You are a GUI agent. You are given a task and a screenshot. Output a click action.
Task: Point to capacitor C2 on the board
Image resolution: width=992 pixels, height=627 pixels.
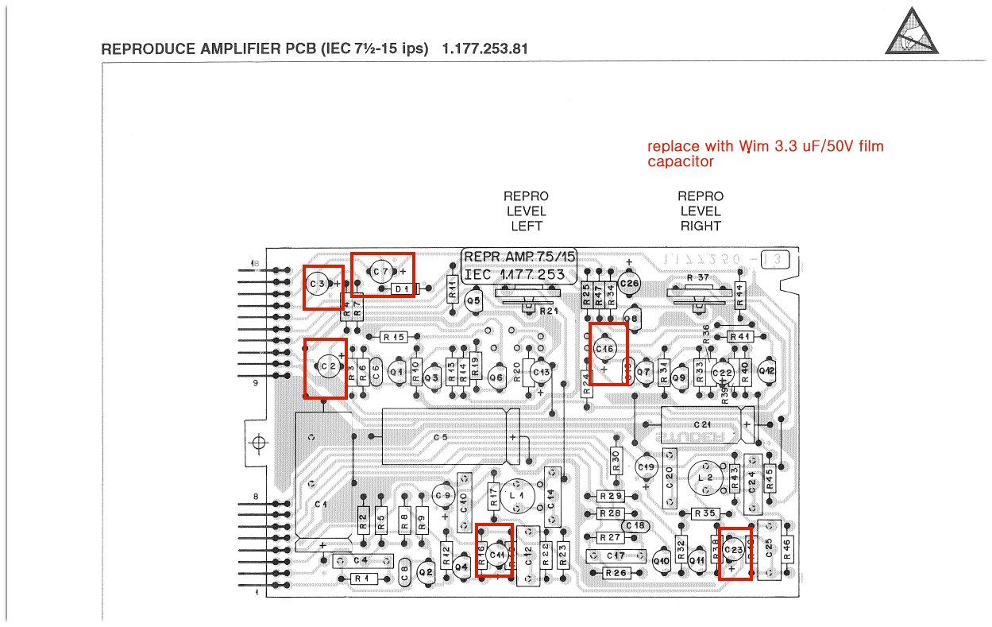(x=325, y=366)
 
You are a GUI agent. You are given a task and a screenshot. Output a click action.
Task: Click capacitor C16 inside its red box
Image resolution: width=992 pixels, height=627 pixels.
(x=604, y=350)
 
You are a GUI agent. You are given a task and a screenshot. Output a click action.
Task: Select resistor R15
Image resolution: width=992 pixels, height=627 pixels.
(x=394, y=337)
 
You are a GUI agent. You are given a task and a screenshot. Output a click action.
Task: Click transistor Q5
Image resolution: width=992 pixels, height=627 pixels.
(x=473, y=301)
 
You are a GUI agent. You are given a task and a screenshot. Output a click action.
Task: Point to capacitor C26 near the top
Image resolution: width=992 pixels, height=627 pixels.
(x=629, y=283)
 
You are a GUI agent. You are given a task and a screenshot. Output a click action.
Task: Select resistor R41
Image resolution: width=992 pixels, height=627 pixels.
(x=740, y=337)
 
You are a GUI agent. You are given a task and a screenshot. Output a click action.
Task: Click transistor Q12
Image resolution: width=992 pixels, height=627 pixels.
(x=766, y=370)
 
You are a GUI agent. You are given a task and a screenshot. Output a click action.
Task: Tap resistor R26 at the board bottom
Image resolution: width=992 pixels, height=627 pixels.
(x=616, y=573)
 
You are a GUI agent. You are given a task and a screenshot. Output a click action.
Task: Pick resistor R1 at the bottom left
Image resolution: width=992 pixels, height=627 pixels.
(x=361, y=579)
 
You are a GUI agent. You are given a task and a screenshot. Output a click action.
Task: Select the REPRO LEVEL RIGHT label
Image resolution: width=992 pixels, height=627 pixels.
(x=701, y=211)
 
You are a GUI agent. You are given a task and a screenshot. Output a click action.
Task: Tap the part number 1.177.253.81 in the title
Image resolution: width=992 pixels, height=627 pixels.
(x=485, y=49)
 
